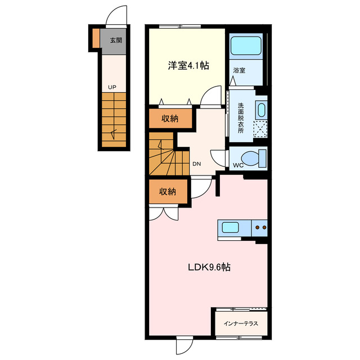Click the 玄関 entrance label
point(116,40)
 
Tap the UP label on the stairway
point(112,87)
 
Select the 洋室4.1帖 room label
point(188,65)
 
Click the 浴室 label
point(239,70)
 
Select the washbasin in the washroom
point(261,109)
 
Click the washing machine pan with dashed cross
point(260,129)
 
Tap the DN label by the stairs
point(196,164)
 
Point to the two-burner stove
point(260,228)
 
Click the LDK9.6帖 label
point(209,268)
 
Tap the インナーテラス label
point(241,323)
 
